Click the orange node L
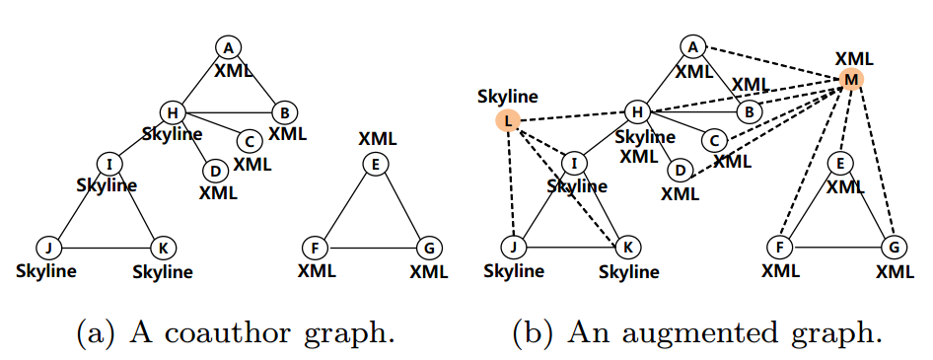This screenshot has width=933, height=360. click(507, 120)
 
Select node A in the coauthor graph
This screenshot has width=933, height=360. click(228, 46)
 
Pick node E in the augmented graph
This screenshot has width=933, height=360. click(838, 163)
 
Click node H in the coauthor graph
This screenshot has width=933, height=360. click(172, 112)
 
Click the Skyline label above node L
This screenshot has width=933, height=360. click(507, 97)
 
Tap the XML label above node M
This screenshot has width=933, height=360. click(853, 56)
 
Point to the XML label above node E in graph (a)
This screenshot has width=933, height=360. click(376, 139)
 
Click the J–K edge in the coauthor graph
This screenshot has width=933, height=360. click(99, 247)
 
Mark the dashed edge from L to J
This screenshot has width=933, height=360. click(511, 183)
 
